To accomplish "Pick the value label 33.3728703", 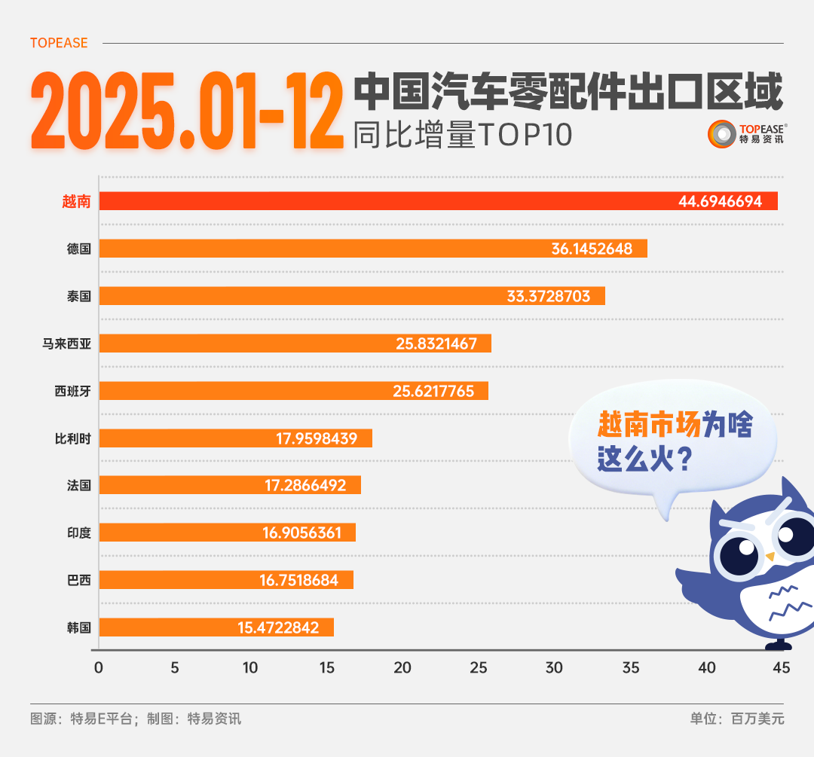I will tap(554, 296).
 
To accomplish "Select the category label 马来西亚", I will tap(66, 343).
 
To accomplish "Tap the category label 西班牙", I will tap(72, 391).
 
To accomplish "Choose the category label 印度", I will tap(78, 533).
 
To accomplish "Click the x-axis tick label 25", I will tap(478, 667).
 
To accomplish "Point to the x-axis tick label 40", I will tap(706, 667).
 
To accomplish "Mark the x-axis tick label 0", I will tap(98, 667).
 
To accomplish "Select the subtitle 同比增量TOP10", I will tap(463, 135).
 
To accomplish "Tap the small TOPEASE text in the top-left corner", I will tap(59, 43).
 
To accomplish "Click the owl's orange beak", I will tap(770, 557).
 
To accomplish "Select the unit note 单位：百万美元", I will tap(736, 719).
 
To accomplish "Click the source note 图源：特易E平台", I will tap(83, 719).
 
